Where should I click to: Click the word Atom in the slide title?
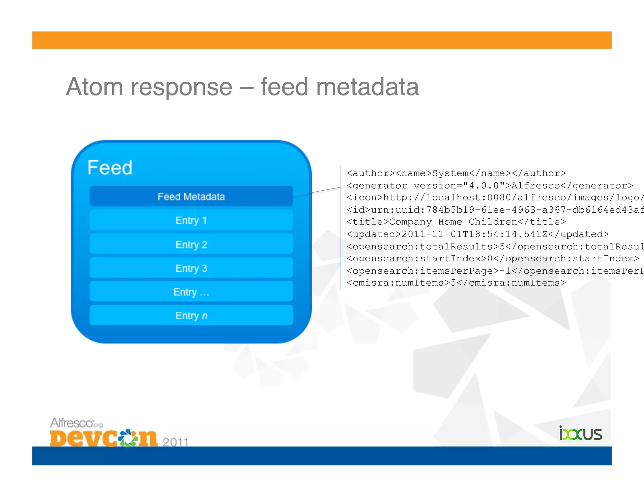94,87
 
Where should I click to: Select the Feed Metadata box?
191,197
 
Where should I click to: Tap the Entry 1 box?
191,220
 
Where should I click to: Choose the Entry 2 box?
191,244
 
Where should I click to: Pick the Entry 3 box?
191,268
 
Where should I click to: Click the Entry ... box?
191,292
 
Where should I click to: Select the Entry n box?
191,315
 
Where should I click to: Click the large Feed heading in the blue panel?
110,167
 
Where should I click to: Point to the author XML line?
456,173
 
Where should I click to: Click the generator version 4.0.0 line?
489,186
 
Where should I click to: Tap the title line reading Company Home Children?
456,222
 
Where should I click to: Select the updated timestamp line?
477,234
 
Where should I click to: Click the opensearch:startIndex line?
492,259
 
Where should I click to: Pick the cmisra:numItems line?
456,283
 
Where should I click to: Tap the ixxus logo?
580,434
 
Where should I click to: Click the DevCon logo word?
103,438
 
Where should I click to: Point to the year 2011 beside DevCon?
175,442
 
